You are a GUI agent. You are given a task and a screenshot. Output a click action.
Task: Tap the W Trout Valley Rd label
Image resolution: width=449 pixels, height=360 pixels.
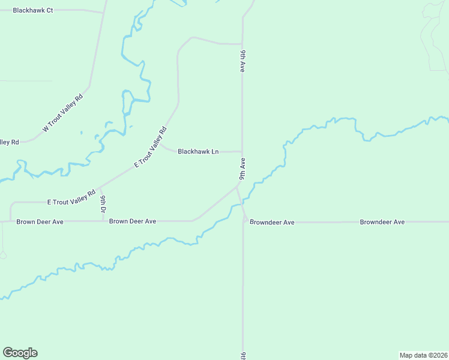62,113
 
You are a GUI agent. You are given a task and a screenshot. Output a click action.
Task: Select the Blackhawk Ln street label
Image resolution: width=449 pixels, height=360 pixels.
197,152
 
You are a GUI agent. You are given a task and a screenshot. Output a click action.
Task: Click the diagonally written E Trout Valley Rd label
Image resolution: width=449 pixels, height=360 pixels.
149,147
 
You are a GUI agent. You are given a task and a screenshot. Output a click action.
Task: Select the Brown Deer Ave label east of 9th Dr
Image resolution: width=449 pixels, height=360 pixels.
133,221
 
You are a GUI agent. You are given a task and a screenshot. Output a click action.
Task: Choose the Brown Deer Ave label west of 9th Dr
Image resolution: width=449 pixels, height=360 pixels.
40,221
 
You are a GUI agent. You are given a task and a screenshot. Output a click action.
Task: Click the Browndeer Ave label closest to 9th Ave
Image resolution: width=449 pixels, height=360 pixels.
272,222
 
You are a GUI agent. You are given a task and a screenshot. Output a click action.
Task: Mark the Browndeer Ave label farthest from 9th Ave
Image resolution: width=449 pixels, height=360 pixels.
382,222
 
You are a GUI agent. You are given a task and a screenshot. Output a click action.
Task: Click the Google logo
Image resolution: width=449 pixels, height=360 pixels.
20,353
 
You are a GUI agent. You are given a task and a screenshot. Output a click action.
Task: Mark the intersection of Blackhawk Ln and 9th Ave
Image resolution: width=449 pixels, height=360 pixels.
243,152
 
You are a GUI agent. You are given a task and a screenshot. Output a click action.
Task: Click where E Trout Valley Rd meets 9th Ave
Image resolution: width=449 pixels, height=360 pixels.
238,187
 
